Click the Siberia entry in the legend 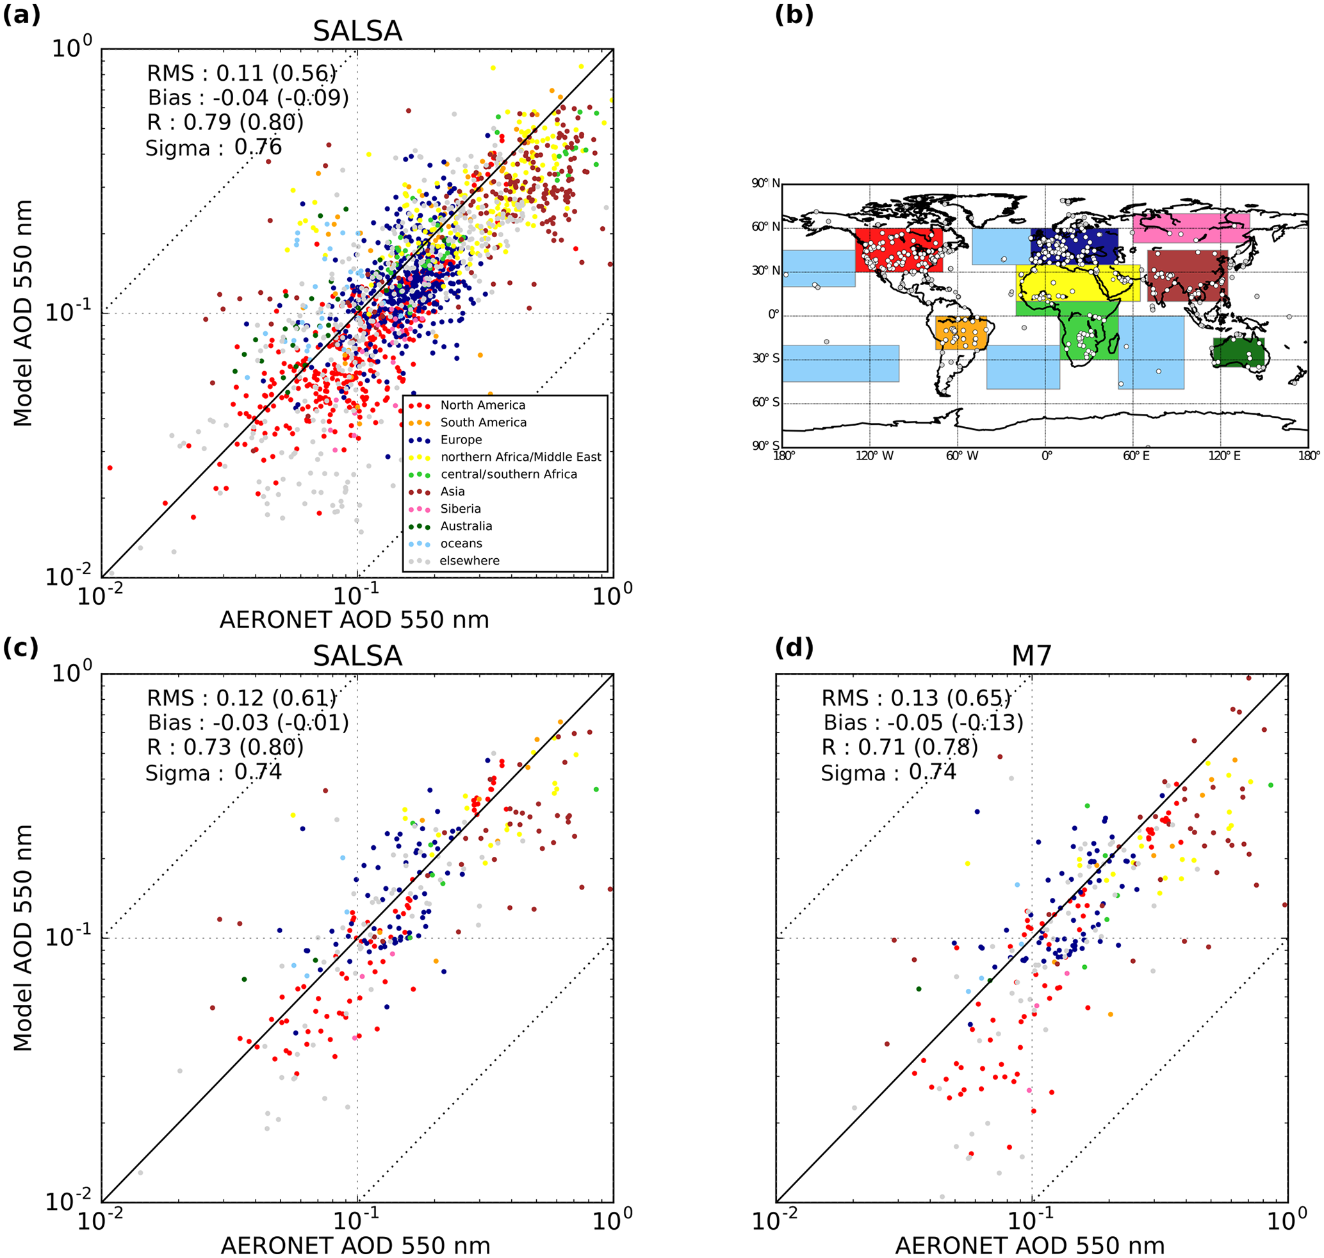click(x=460, y=509)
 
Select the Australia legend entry click(x=466, y=526)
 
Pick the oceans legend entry click(x=461, y=544)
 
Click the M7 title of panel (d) click(x=1031, y=656)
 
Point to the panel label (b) click(x=794, y=15)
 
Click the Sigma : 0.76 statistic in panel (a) click(x=214, y=147)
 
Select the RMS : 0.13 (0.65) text click(x=916, y=699)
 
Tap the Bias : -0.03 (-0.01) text click(x=248, y=723)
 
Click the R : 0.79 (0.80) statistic click(x=225, y=122)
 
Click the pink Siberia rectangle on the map click(x=1191, y=228)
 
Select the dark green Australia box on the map click(x=1238, y=352)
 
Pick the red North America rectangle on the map click(x=898, y=249)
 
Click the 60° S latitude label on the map click(x=765, y=402)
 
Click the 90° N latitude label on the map click(x=765, y=184)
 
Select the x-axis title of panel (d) click(x=1030, y=1245)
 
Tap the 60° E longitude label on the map click(x=1136, y=457)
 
